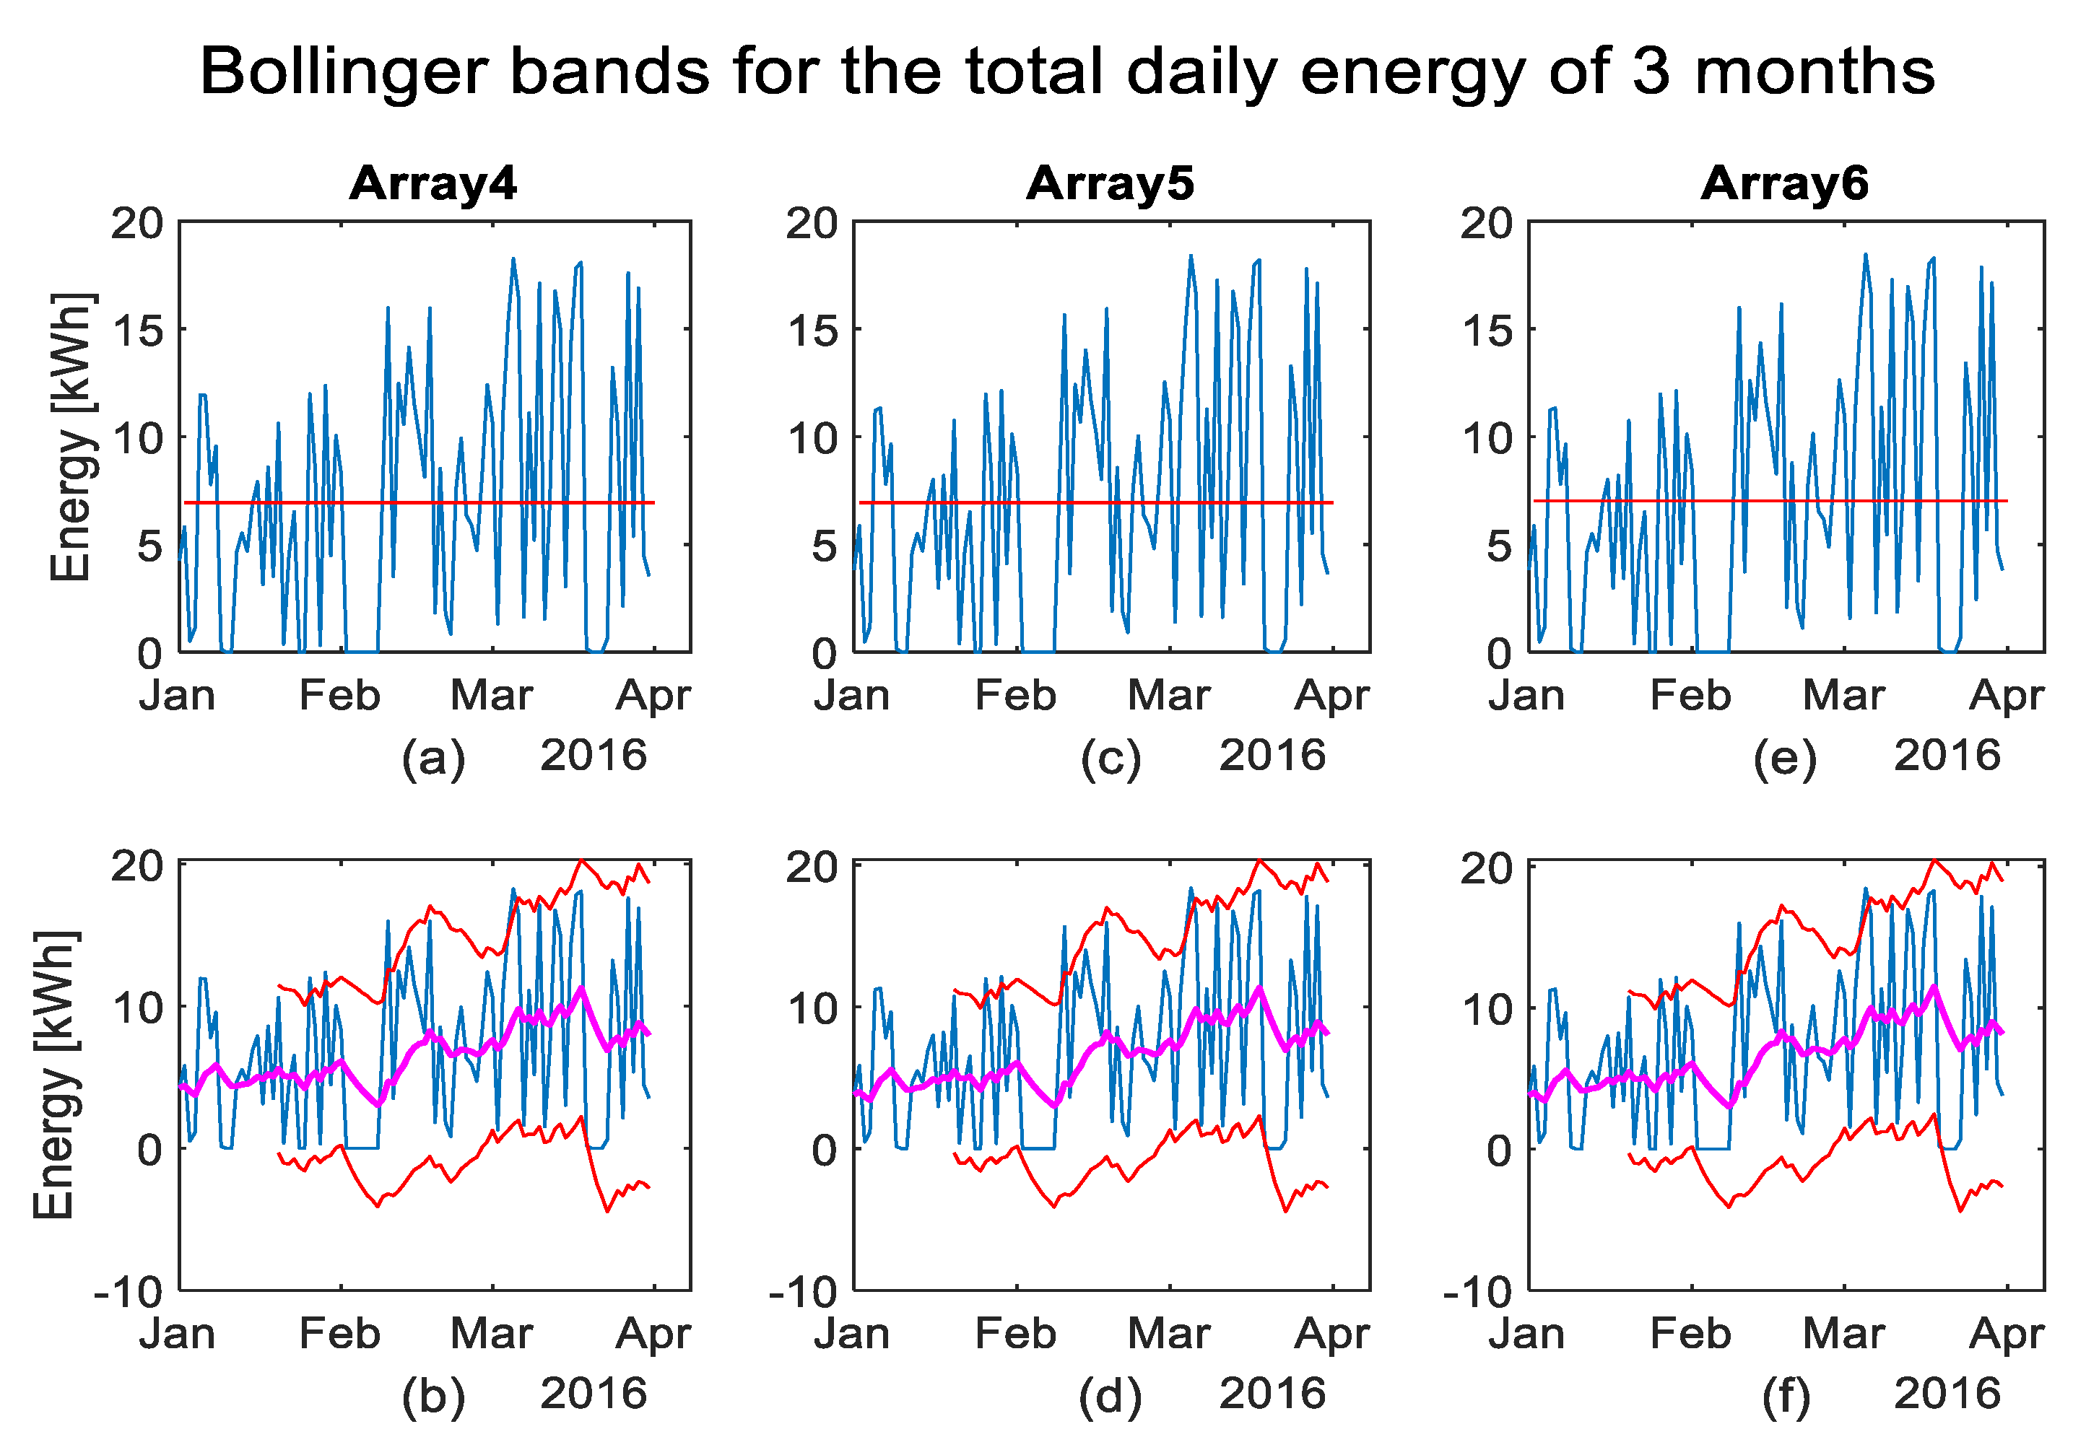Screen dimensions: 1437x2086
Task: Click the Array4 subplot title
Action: (433, 183)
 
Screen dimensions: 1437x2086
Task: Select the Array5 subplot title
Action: (1110, 183)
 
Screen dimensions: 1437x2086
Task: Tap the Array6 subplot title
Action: (1784, 183)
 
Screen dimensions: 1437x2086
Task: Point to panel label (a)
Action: (433, 758)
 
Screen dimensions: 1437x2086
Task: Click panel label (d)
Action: (1110, 1397)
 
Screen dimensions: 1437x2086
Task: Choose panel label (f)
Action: (1785, 1397)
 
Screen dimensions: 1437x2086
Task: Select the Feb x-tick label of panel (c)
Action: (1015, 696)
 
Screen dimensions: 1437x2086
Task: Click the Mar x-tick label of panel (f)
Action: (1843, 1335)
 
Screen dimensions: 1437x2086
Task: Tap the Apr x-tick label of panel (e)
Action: (2007, 696)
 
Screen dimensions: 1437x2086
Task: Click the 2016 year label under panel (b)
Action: (594, 1394)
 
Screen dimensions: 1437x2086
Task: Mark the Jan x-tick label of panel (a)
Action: (178, 696)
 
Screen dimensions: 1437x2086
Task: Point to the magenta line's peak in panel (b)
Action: (581, 989)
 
